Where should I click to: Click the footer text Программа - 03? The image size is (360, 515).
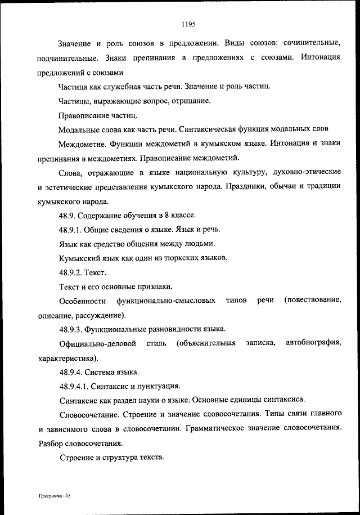[53, 496]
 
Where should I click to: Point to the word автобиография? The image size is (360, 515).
[313, 343]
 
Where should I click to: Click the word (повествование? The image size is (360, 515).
[312, 301]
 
